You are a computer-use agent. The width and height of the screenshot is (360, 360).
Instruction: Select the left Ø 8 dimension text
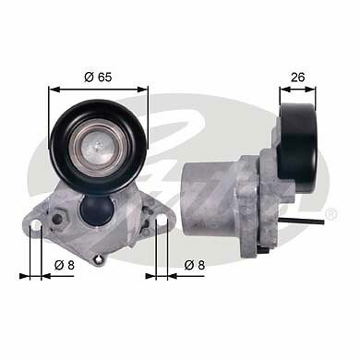pos(65,265)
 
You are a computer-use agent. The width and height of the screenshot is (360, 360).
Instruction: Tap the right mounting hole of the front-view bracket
pos(163,222)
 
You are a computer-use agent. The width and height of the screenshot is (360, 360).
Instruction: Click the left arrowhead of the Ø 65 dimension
pos(53,89)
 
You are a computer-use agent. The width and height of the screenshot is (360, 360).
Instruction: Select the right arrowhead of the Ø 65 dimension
pos(144,89)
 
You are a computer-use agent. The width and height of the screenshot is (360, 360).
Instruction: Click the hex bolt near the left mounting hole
pos(58,219)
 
